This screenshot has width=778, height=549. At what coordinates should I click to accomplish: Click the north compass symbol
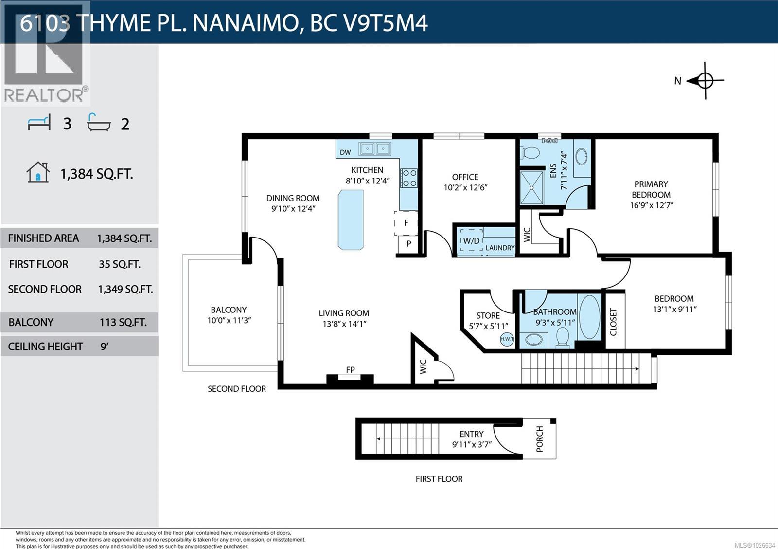(705, 81)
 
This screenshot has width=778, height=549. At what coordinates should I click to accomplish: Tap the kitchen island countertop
(351, 220)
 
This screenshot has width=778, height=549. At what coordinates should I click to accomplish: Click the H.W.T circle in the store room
(507, 339)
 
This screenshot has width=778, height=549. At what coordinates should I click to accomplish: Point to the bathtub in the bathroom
(590, 317)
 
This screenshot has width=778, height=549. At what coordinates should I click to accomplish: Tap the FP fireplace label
(350, 370)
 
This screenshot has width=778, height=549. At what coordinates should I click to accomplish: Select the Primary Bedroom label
(651, 189)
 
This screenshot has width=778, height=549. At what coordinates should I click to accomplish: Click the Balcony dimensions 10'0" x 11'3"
(229, 320)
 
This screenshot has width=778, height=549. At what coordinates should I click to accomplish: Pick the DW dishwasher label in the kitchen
(345, 152)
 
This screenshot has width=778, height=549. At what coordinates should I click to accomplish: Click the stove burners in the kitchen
(409, 178)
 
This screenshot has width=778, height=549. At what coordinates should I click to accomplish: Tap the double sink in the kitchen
(375, 148)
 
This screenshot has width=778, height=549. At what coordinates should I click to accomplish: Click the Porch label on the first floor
(539, 439)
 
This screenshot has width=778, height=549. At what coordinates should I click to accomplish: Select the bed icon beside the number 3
(39, 123)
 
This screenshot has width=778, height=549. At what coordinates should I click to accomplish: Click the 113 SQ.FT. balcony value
(123, 322)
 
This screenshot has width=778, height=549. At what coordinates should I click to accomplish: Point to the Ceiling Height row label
(45, 347)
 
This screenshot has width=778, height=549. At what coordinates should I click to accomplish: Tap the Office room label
(465, 177)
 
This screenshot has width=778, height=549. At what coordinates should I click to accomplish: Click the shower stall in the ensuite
(531, 187)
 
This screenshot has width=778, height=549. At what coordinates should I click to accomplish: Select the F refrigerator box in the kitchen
(406, 223)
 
